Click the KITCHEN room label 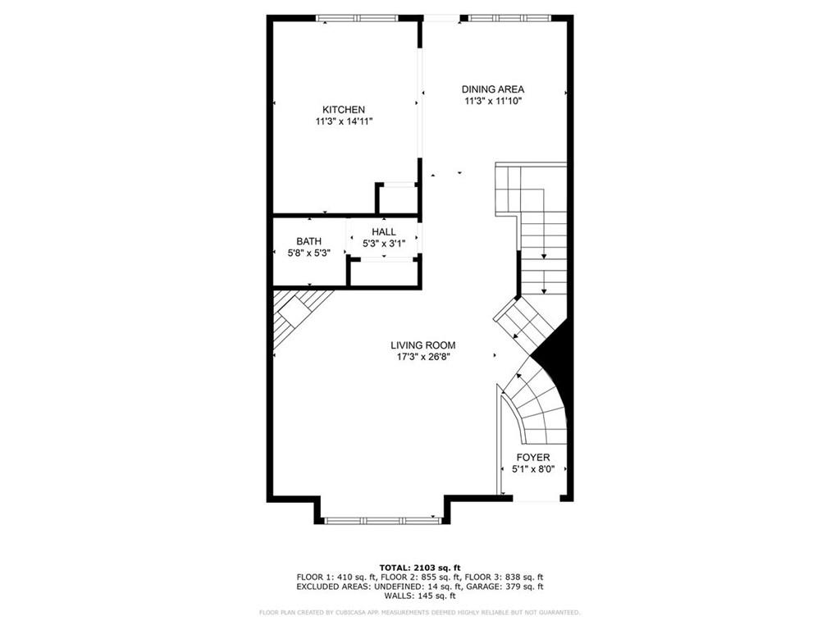343,110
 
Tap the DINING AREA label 492,89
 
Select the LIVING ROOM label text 422,345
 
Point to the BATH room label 308,241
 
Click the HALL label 383,232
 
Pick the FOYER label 532,458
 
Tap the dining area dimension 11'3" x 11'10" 492,101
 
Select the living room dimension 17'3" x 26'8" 422,357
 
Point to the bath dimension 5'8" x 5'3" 308,253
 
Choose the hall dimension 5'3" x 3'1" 384,244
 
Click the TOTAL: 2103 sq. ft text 419,568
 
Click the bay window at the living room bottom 382,519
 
